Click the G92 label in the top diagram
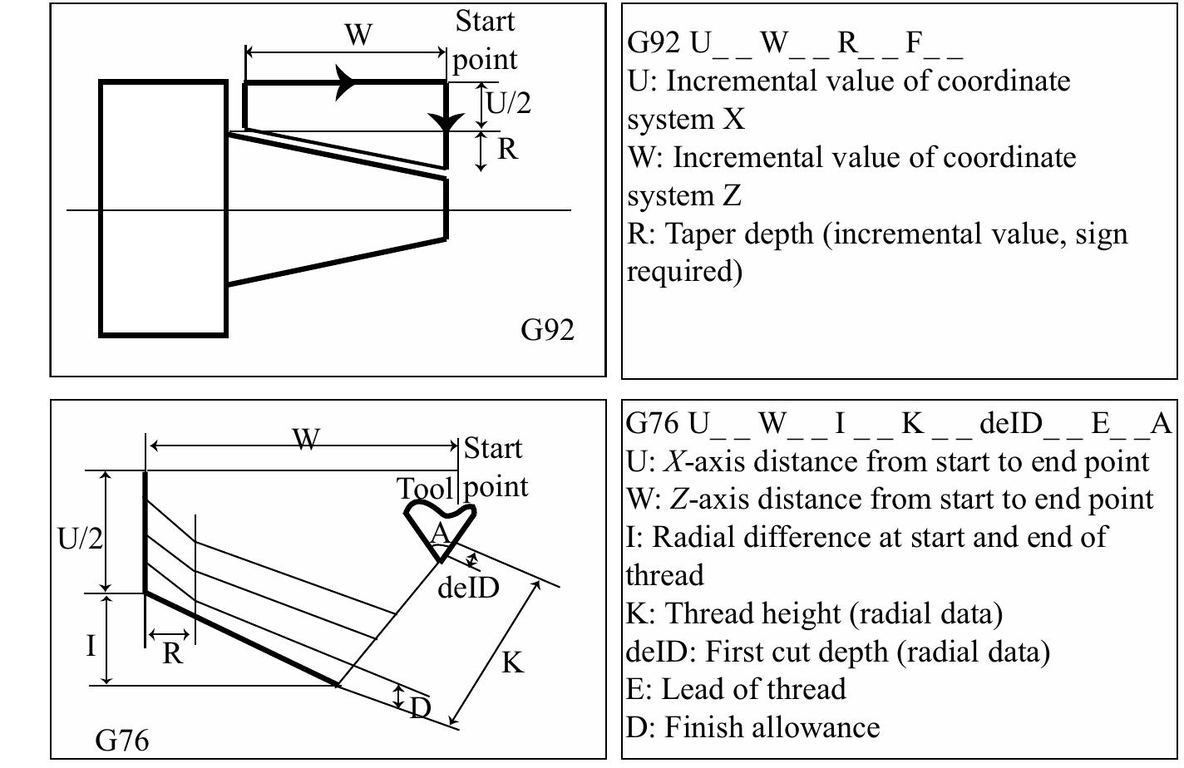(x=547, y=330)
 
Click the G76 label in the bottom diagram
(x=122, y=739)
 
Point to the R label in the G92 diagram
(x=507, y=150)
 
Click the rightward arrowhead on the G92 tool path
(x=347, y=82)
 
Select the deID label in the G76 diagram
(x=468, y=588)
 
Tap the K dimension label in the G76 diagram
(x=513, y=662)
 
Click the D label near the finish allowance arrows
(x=421, y=708)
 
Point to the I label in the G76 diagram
(x=91, y=645)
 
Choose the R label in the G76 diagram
(x=171, y=654)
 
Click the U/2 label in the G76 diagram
(x=81, y=539)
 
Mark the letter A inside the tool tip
(x=440, y=534)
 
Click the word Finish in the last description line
(x=703, y=727)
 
